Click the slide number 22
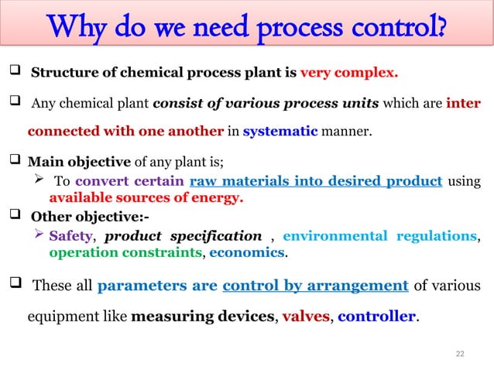coord(460,353)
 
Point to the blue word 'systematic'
coord(280,131)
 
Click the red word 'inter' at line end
coord(464,103)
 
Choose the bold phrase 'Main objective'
coord(68,163)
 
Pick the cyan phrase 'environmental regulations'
coord(379,235)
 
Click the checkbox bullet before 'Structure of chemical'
coord(13,74)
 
